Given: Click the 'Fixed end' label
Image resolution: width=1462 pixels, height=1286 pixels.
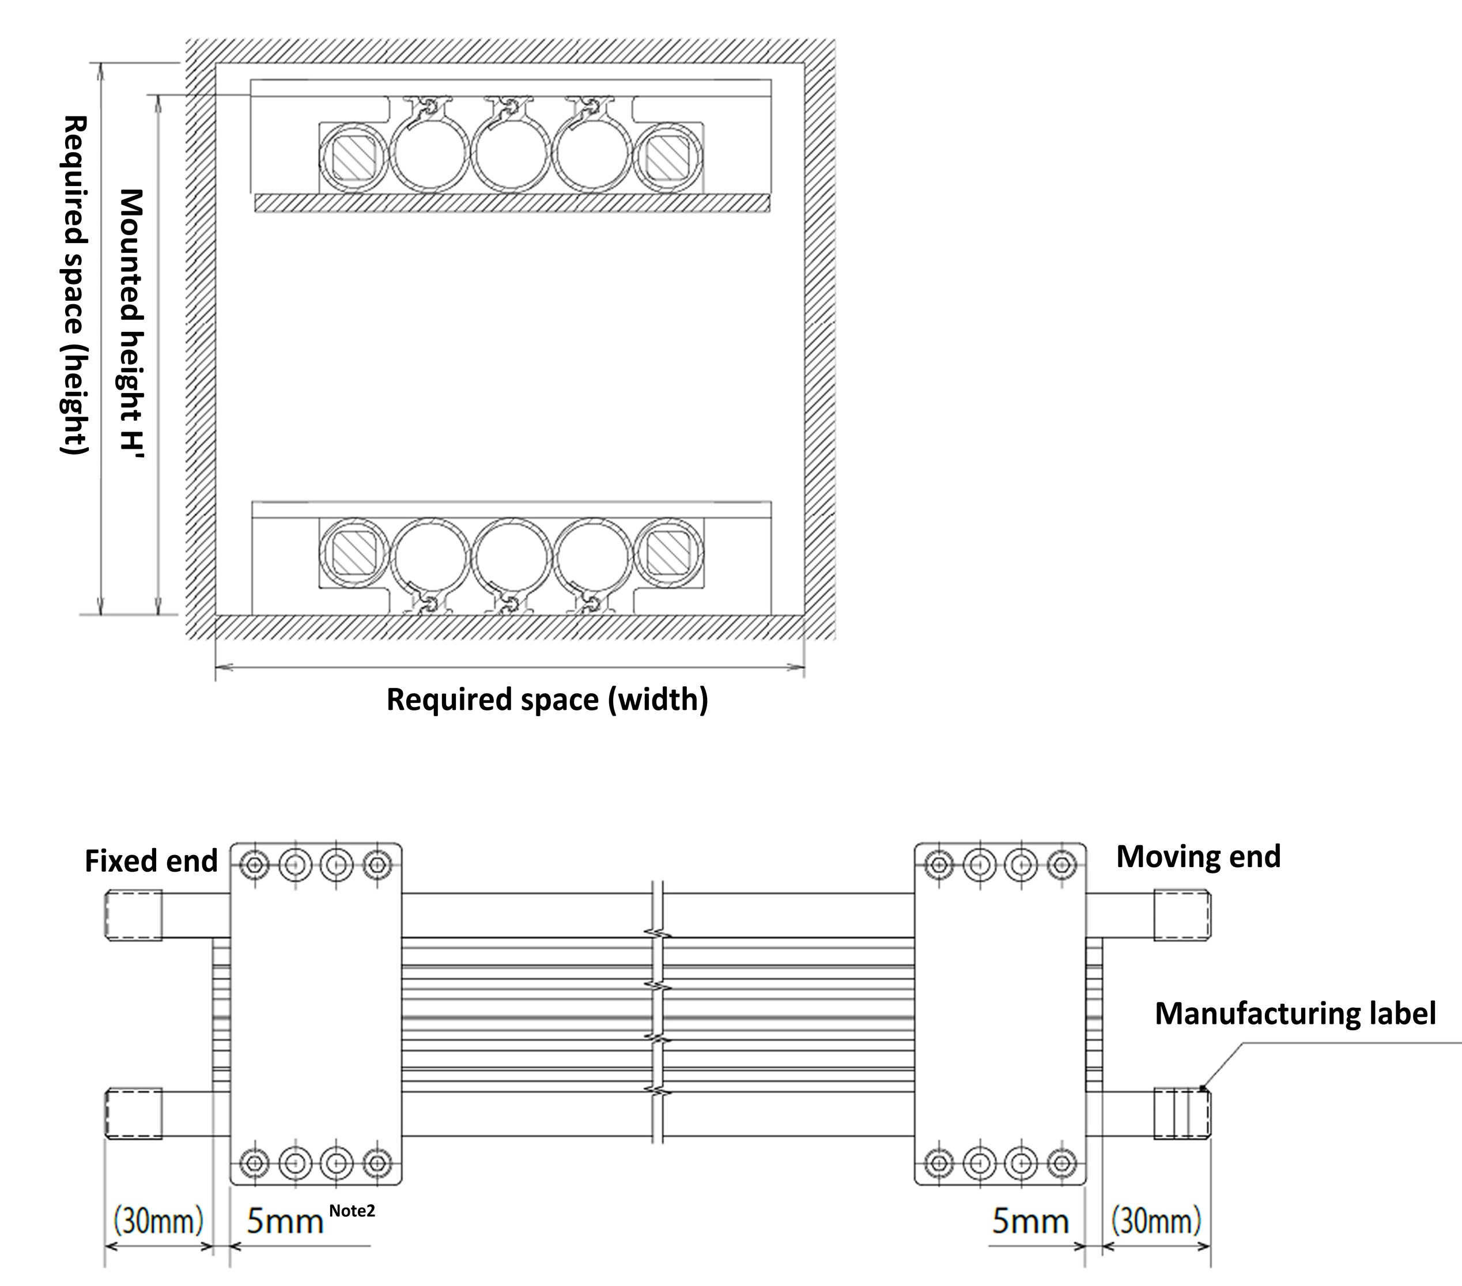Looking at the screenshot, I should pos(151,861).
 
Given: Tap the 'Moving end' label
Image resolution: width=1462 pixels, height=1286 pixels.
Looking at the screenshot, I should pos(1198,857).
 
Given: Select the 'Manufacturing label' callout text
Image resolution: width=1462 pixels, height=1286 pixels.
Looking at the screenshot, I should pos(1295,1014).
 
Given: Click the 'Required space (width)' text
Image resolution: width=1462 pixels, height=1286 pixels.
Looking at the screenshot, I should pos(547,699).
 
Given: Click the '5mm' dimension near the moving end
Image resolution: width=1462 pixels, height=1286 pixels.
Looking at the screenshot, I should pos(1030,1221).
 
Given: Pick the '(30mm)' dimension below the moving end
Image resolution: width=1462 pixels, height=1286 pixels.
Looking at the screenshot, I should pos(1156,1221).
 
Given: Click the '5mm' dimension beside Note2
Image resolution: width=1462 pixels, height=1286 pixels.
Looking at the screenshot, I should pos(285,1221).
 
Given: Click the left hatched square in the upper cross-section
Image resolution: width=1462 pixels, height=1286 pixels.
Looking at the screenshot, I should pos(353,157).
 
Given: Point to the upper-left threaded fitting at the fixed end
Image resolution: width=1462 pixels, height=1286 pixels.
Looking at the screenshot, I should pos(134,915).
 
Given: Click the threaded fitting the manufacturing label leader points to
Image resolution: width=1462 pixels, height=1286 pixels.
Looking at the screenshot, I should pos(1181,1114).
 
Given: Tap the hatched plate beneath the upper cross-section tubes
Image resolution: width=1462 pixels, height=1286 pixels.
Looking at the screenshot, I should pos(512,204).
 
